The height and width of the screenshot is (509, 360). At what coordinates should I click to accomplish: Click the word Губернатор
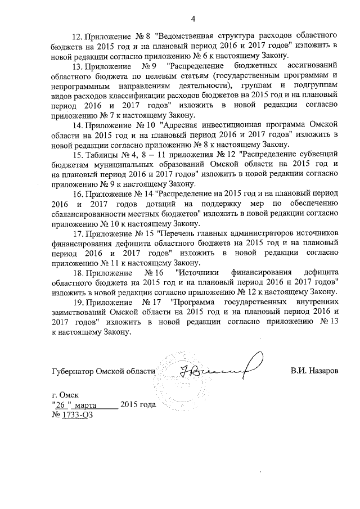click(72, 372)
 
